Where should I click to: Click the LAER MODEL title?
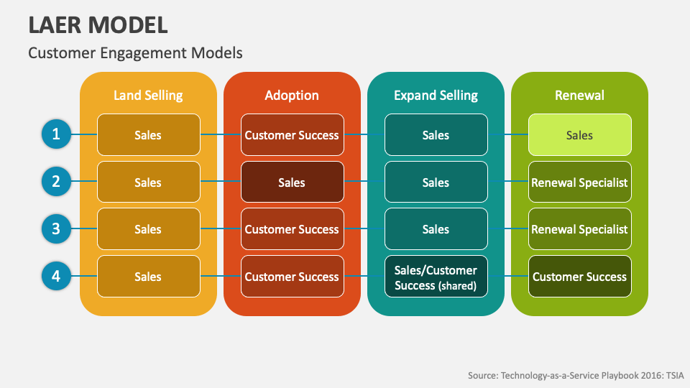click(x=98, y=24)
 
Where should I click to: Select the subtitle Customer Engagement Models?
click(x=135, y=52)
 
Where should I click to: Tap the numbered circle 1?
click(x=56, y=134)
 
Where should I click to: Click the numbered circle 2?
click(x=56, y=182)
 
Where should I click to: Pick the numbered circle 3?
click(x=56, y=229)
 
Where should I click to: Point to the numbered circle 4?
click(x=56, y=277)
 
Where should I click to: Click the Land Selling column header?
click(x=148, y=96)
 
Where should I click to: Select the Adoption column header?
click(x=292, y=96)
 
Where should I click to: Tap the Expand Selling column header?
click(x=436, y=96)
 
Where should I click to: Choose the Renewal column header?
click(x=579, y=96)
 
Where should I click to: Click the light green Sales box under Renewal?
click(x=579, y=135)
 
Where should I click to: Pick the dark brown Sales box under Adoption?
click(x=292, y=183)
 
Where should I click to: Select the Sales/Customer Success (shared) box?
click(x=436, y=277)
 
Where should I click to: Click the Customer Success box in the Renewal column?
click(x=579, y=277)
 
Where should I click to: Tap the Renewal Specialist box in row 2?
click(x=579, y=183)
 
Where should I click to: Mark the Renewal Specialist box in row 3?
click(x=579, y=230)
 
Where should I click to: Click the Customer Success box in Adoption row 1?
click(x=292, y=135)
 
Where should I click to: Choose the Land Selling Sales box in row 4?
click(x=148, y=277)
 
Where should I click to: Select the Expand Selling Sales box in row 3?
click(x=436, y=230)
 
